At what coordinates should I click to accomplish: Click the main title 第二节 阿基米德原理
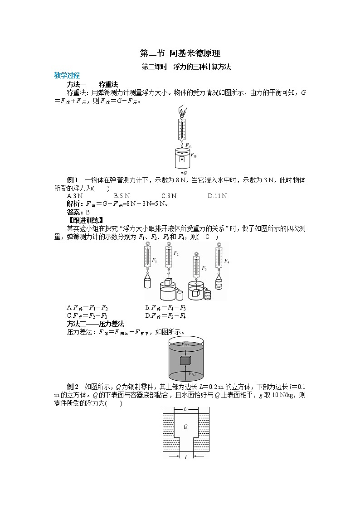click(180, 53)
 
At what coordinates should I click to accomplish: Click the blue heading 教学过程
click(67, 75)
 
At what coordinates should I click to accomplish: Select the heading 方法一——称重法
click(92, 84)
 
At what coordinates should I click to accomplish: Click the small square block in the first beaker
click(182, 160)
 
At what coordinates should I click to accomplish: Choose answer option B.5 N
click(122, 196)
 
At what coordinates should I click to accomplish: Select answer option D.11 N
click(217, 196)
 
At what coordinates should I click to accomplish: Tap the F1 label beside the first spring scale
click(155, 261)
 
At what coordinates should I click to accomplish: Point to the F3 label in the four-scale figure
click(204, 268)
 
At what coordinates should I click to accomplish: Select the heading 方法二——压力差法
click(96, 324)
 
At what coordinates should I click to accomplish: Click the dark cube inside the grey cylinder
click(185, 361)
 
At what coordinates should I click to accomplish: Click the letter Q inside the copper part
click(185, 427)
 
